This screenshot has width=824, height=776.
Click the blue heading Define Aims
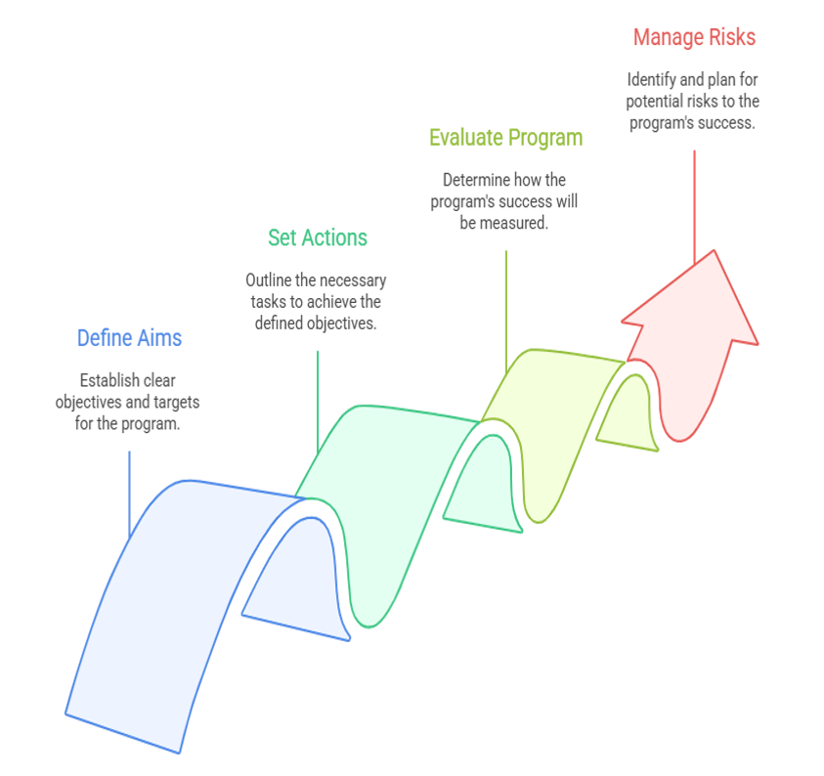point(129,338)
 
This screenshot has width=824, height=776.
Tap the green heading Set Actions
point(318,237)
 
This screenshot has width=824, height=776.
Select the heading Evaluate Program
point(506,138)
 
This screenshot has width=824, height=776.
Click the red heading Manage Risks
point(694,37)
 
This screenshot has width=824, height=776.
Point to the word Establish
point(104,380)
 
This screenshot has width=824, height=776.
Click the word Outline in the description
point(269,280)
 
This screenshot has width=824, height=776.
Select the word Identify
point(652,80)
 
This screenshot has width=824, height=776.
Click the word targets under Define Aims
point(177,403)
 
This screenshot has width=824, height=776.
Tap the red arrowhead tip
point(715,250)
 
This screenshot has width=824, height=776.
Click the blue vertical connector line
point(129,494)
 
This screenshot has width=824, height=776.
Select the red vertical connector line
point(694,207)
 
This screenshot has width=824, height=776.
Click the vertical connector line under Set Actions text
point(318,402)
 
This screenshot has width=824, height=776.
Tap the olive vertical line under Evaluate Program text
point(506,312)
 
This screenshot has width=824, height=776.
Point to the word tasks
point(269,302)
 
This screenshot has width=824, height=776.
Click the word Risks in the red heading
point(732,37)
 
